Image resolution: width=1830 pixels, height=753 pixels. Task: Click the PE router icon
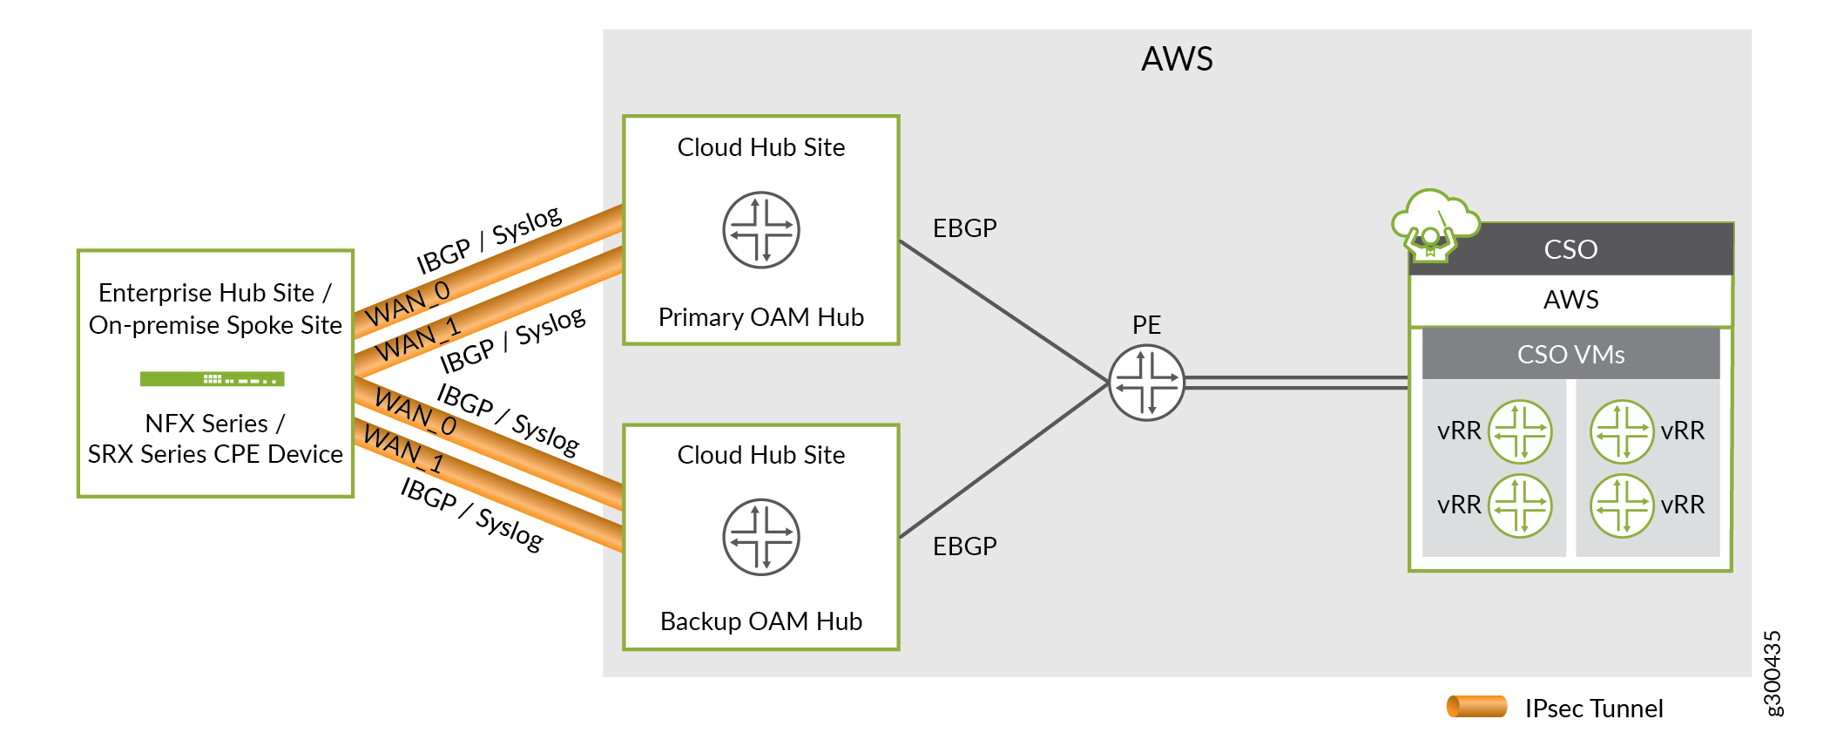[x=1146, y=383]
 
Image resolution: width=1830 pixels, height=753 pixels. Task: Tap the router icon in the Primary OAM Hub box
[x=761, y=230]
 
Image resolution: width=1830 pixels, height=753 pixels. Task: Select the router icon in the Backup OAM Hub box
[x=761, y=537]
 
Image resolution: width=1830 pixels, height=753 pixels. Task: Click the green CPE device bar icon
[x=213, y=379]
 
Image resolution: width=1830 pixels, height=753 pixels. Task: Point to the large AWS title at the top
[x=1177, y=59]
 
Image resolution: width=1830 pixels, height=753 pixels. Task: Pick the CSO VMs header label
[x=1570, y=355]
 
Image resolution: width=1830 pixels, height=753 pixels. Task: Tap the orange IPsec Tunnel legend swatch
[x=1476, y=707]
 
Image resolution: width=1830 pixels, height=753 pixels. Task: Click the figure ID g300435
[x=1772, y=673]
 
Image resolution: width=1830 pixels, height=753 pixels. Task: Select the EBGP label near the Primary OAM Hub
[x=964, y=228]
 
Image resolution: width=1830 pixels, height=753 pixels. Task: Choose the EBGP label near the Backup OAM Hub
[x=964, y=546]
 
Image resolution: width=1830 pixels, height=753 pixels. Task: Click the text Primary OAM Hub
[x=761, y=317]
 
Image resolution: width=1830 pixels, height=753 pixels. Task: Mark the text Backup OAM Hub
[x=761, y=621]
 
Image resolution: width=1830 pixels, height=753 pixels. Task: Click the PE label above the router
[x=1146, y=325]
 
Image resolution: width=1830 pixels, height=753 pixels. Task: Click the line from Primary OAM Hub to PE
[x=1002, y=310]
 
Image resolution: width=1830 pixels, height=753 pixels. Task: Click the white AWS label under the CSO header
[x=1570, y=300]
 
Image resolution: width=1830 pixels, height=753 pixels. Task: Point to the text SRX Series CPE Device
[x=215, y=454]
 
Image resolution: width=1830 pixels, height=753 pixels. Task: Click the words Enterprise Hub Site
[x=206, y=293]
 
